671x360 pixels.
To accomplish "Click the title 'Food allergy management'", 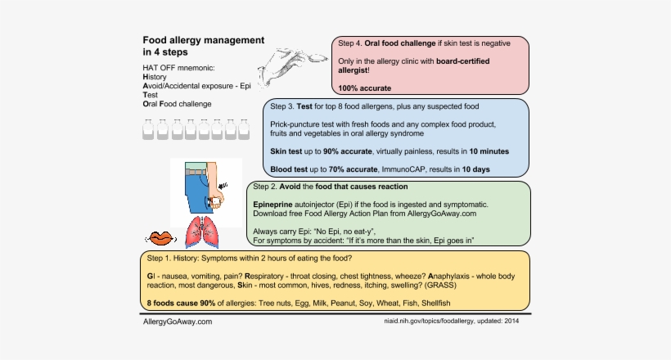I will point(203,39).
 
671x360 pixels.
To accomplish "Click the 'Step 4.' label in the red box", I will point(347,43).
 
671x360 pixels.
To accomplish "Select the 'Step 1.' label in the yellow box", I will point(161,258).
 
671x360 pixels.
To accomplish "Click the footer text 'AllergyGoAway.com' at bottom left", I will point(177,322).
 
